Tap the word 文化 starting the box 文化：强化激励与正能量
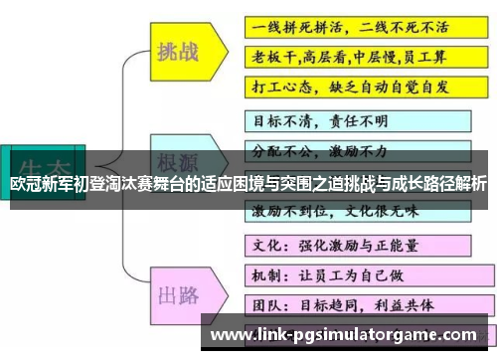coord(261,244)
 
